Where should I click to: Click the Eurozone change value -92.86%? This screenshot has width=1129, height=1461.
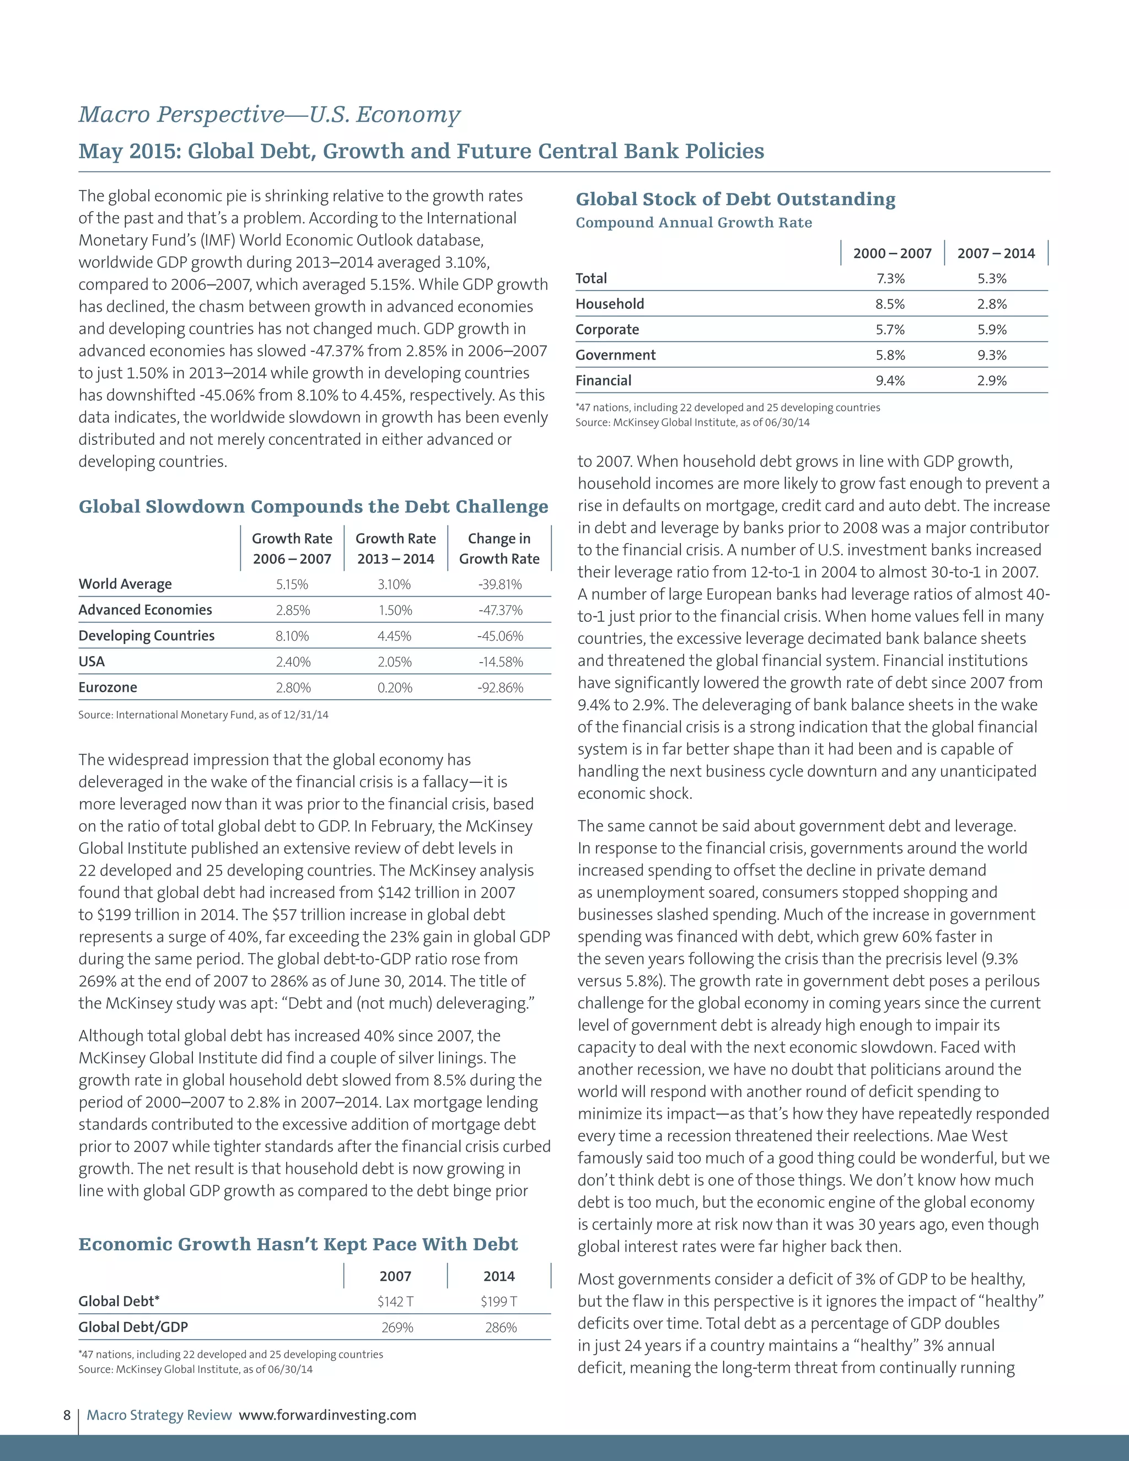point(501,687)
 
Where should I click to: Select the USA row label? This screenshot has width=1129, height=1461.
point(92,662)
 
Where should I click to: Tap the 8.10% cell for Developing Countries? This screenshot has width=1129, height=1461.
point(292,636)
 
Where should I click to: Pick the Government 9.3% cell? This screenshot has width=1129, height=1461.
point(992,355)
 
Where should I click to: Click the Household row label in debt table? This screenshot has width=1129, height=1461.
point(609,304)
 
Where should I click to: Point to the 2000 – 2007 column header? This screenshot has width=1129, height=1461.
point(893,254)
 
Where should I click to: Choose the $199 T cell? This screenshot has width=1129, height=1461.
point(499,1302)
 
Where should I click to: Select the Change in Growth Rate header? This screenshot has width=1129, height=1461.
point(499,549)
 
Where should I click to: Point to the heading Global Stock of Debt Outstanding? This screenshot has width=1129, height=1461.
point(735,200)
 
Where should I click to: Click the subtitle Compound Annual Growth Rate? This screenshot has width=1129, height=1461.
point(693,223)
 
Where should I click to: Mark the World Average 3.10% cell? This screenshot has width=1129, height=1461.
point(394,584)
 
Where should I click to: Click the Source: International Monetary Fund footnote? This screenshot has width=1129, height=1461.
point(203,715)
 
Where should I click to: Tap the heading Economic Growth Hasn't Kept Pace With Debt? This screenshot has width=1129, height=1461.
point(298,1244)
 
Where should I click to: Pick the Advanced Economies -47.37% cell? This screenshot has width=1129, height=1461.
point(501,611)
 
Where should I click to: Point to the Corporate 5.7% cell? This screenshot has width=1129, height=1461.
point(890,330)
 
